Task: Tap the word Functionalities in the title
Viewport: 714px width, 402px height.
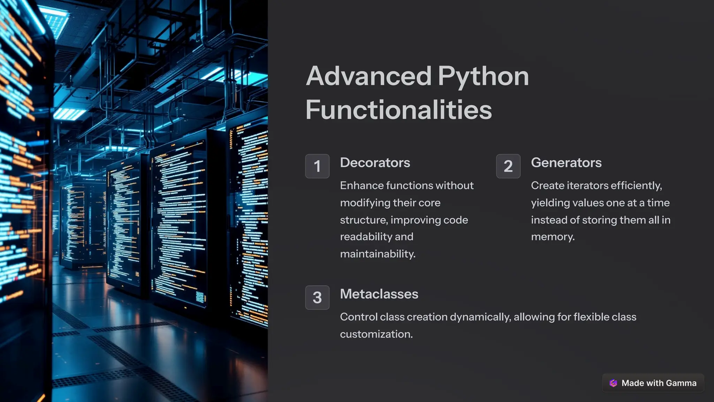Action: pos(398,110)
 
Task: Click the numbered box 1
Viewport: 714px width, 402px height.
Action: pos(317,166)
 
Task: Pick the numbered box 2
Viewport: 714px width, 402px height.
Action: pos(508,166)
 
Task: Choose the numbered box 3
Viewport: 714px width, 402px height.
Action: pos(317,297)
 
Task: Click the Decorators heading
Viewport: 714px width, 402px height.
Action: pos(375,163)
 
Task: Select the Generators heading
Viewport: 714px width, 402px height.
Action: pos(566,163)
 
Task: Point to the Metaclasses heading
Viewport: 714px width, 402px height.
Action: pos(379,294)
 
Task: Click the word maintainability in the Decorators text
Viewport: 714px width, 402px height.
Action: pos(377,254)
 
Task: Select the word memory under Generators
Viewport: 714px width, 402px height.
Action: pos(552,237)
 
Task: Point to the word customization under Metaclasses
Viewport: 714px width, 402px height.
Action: pos(376,334)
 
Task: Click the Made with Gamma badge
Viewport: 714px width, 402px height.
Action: pos(653,383)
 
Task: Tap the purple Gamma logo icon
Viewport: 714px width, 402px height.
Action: pos(613,383)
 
